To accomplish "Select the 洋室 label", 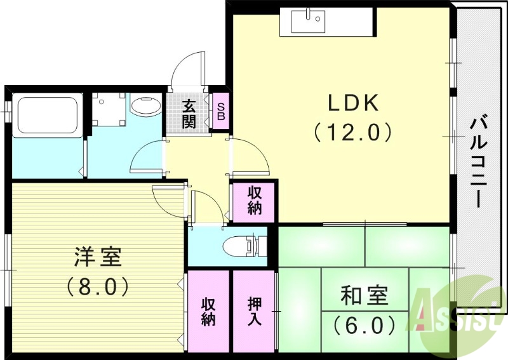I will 98,258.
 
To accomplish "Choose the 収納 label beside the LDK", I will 254,201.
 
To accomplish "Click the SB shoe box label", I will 220,112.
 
